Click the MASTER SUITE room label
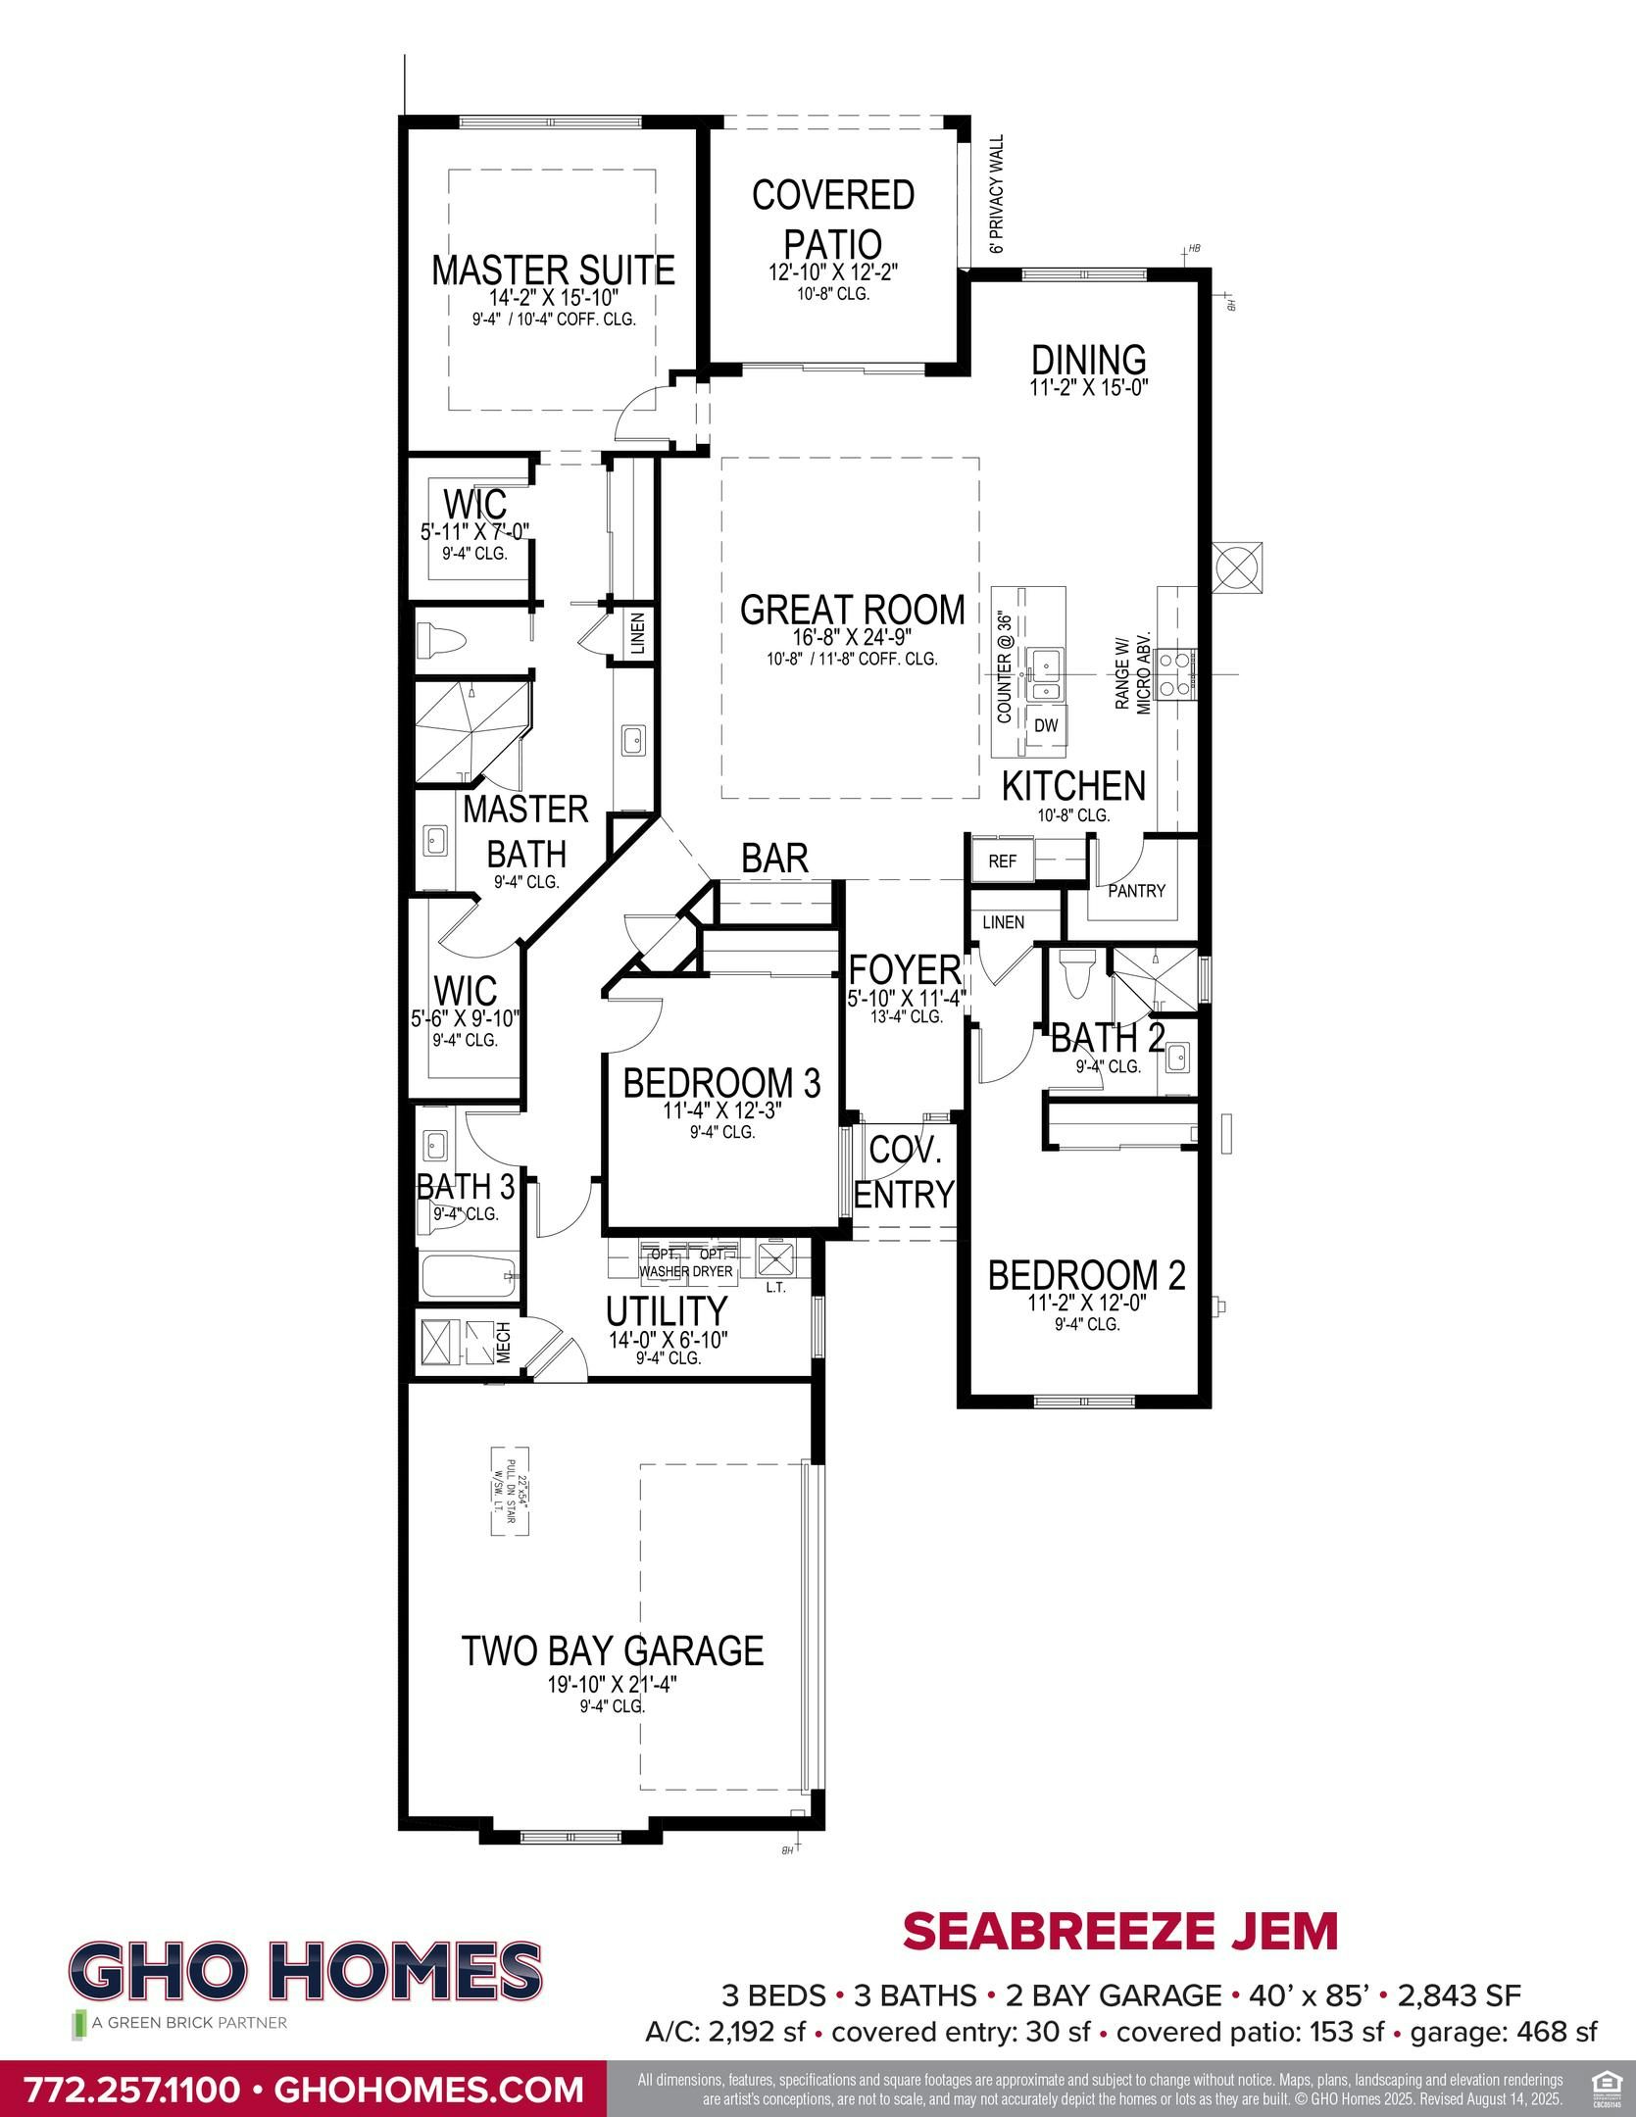coord(553,271)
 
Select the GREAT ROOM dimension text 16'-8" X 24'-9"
coord(852,637)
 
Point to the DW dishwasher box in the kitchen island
coord(1047,725)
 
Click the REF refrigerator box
coord(1002,862)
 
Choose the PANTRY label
coord(1136,891)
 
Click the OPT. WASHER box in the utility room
coord(665,1263)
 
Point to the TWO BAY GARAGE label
coord(612,1650)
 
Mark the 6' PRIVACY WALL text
coord(998,194)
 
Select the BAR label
coord(774,859)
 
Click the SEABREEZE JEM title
coord(1119,1932)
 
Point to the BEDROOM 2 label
coord(1086,1275)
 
